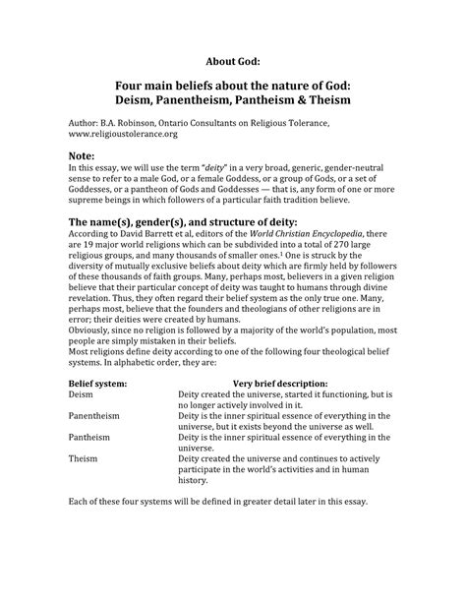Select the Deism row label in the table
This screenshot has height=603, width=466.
click(x=84, y=393)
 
